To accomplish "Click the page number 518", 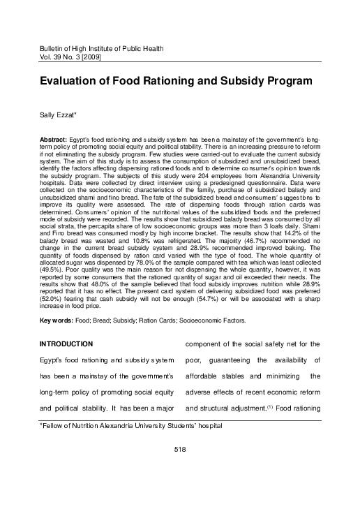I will [x=179, y=468].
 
